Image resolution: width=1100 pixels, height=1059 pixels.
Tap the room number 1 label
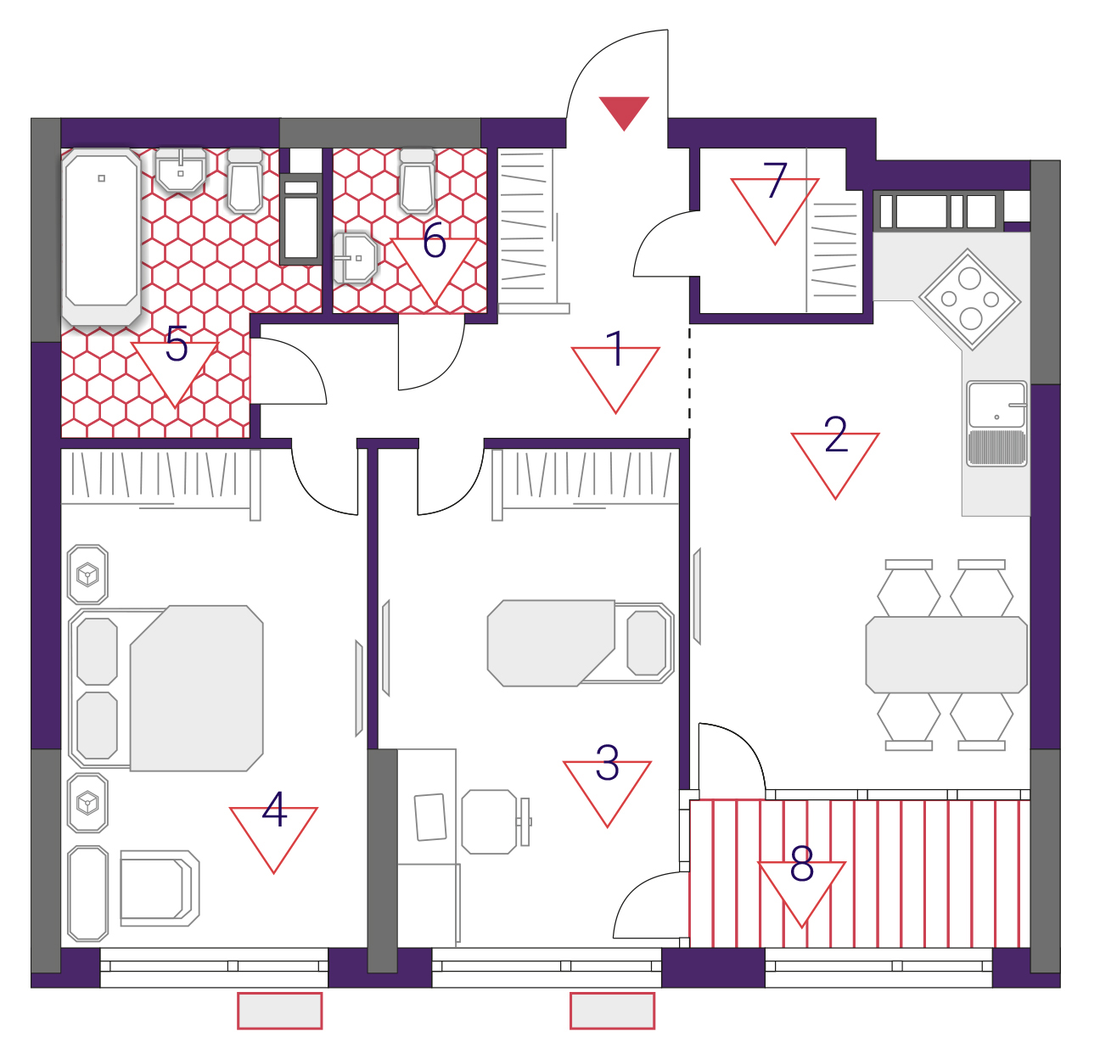pos(615,348)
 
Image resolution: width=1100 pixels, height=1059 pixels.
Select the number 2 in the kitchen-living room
pos(835,434)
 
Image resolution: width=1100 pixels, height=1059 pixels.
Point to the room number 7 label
pos(775,180)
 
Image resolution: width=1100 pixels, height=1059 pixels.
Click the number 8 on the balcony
pos(801,864)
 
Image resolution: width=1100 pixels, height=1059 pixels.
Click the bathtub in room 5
pos(101,238)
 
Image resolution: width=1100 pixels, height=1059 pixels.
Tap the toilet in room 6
pos(417,181)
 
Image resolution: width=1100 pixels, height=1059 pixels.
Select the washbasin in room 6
pos(355,258)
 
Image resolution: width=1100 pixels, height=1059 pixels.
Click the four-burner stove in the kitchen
pos(969,300)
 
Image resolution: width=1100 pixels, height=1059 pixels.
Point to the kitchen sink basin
pos(996,405)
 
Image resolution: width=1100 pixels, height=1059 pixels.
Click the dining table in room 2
pos(946,654)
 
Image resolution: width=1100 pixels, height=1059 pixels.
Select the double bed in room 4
pos(166,688)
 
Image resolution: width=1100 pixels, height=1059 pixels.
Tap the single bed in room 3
pos(581,643)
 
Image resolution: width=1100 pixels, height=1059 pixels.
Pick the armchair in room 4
pos(160,888)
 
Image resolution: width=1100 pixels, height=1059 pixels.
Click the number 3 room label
pos(607,763)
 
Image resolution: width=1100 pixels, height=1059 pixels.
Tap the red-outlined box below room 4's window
pos(279,1011)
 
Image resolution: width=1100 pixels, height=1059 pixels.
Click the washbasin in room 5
pos(180,170)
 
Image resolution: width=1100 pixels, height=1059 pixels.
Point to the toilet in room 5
pos(245,181)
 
